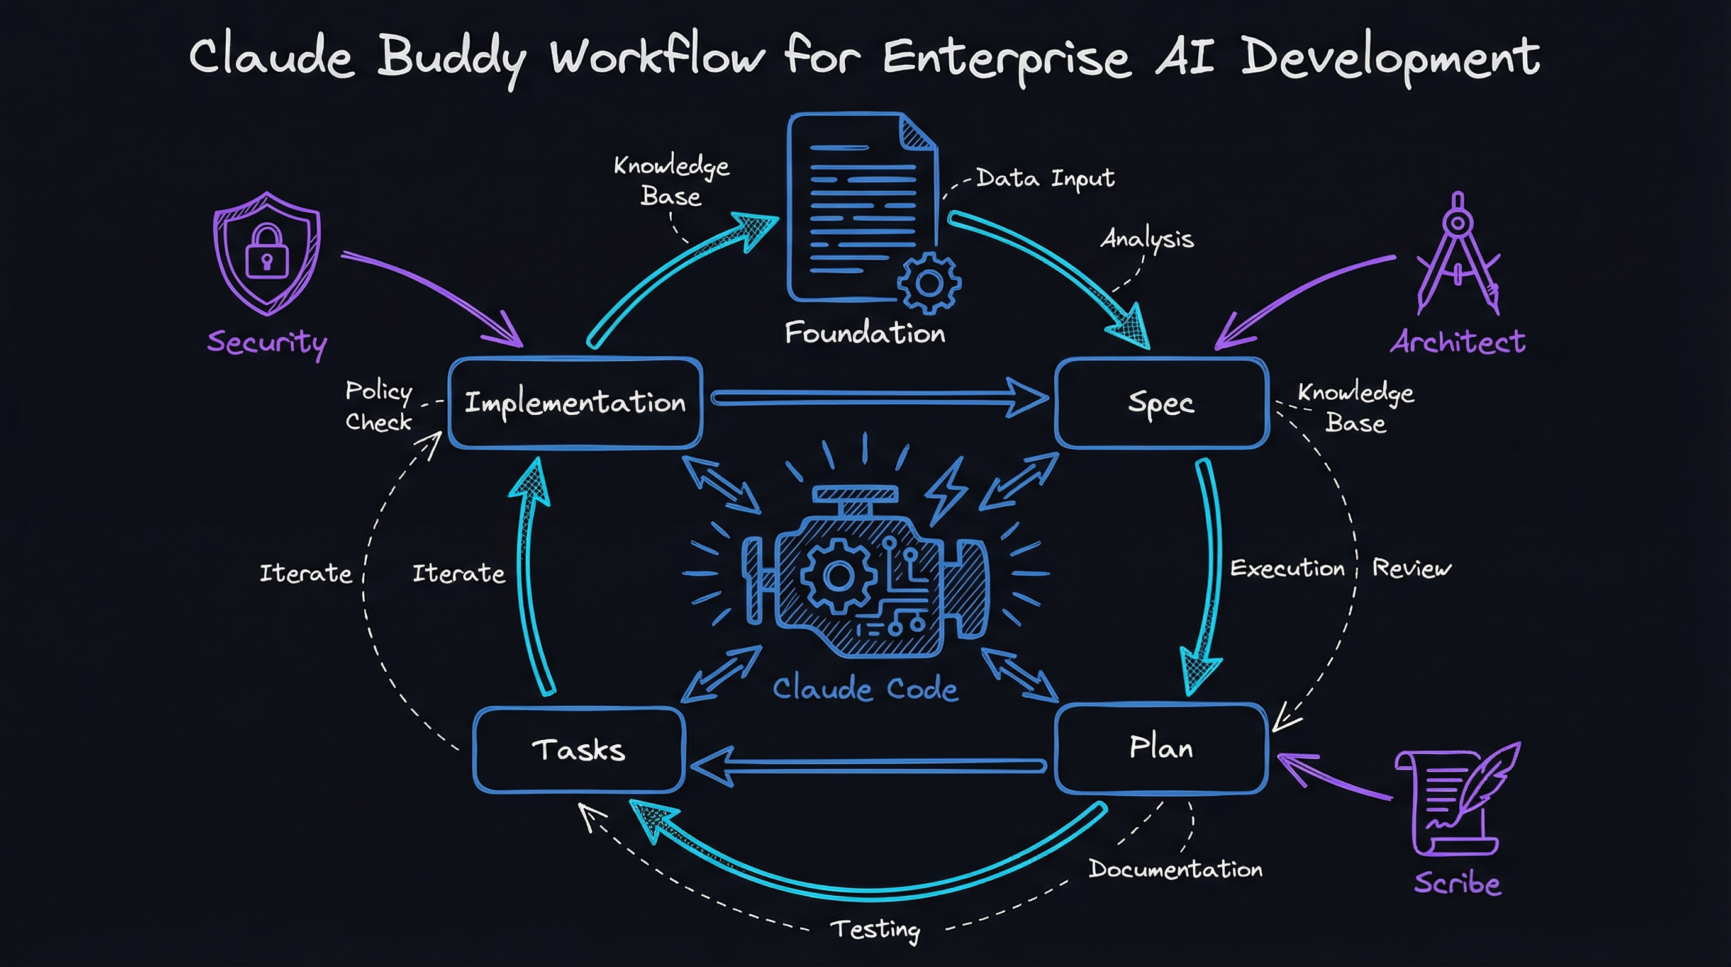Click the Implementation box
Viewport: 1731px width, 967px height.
(575, 403)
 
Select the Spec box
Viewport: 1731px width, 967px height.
(1161, 403)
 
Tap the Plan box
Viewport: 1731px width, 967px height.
(1161, 748)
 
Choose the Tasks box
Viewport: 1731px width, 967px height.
(579, 750)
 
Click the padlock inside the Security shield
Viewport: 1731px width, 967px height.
(267, 253)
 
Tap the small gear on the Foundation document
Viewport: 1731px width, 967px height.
(928, 284)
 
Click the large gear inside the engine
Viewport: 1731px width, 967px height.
(838, 575)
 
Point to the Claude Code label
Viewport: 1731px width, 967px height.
(865, 689)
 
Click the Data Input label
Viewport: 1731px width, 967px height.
(1045, 178)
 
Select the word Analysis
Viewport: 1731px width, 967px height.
(1147, 239)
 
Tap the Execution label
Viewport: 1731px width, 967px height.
(1287, 568)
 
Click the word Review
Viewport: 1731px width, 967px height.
(1411, 568)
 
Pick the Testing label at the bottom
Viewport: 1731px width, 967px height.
(875, 929)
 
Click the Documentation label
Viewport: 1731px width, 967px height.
(1175, 869)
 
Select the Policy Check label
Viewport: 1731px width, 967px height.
(378, 406)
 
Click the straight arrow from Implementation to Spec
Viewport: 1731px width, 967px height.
(874, 399)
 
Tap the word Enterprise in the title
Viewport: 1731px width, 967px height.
(1006, 57)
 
